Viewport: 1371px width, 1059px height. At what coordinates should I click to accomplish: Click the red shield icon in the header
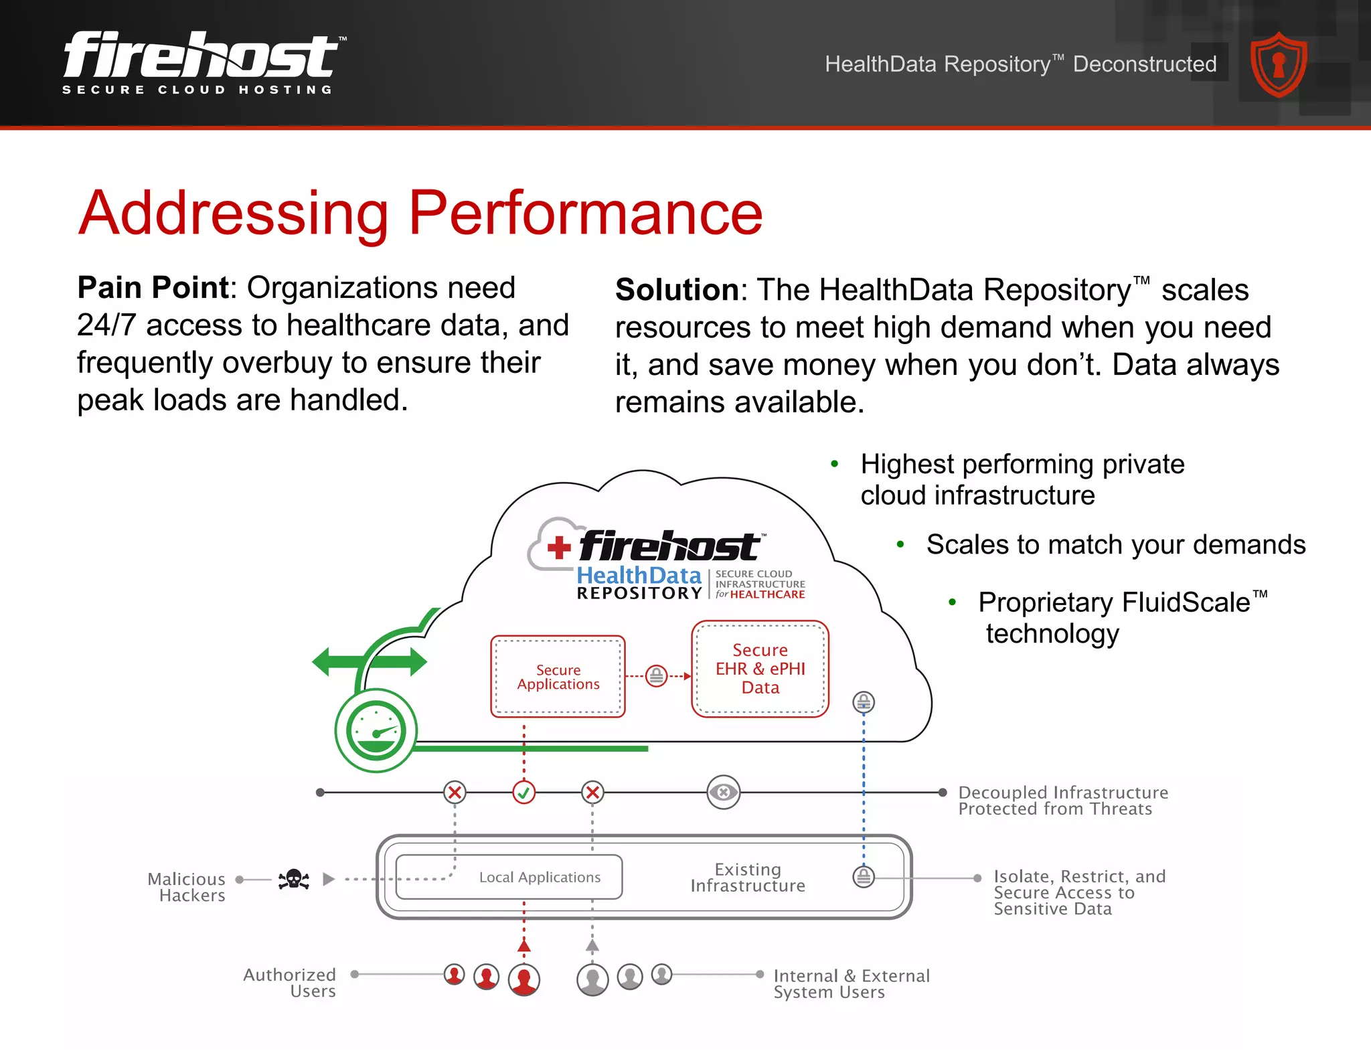coord(1279,64)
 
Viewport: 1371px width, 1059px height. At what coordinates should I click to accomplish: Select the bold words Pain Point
coord(153,288)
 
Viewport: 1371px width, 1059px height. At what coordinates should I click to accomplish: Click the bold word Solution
coord(676,290)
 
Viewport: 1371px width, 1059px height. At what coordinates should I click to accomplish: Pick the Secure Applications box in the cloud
coord(558,677)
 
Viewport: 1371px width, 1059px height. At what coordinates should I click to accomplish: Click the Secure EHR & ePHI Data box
coord(760,669)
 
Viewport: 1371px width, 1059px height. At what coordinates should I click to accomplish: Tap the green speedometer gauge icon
coord(376,730)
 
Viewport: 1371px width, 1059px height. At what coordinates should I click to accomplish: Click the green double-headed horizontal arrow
coord(370,662)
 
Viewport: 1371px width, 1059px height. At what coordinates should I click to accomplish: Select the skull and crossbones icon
coord(294,879)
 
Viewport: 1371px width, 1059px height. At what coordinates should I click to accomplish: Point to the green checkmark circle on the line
coord(523,793)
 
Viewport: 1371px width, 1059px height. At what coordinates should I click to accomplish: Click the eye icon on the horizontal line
coord(723,793)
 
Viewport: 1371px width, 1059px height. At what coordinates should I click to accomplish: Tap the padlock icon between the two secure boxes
coord(657,675)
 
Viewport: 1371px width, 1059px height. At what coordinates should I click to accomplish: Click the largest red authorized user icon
coord(524,979)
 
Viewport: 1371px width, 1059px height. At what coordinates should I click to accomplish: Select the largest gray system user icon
coord(592,979)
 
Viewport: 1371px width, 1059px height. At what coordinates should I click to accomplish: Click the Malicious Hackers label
coord(187,887)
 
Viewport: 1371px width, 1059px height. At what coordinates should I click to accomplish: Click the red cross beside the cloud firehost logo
coord(559,548)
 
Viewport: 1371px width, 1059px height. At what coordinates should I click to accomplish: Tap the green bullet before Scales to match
coord(900,545)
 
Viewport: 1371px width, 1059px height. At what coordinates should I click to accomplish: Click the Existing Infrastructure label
coord(748,878)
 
